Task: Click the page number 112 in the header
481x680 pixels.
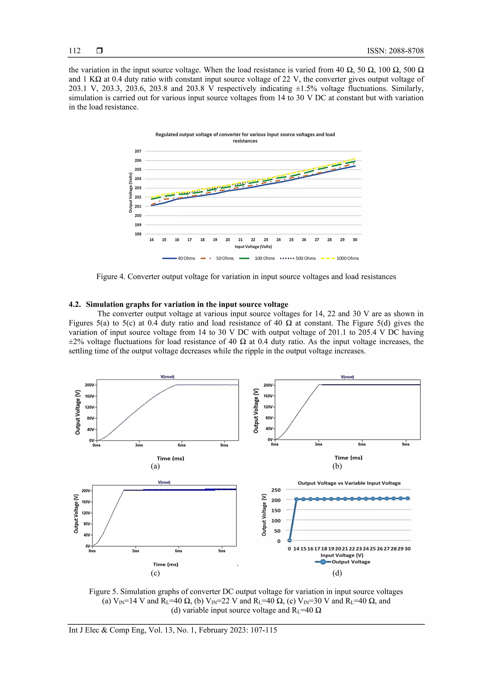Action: pyautogui.click(x=75, y=51)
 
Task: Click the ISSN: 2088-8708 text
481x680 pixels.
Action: pyautogui.click(x=395, y=51)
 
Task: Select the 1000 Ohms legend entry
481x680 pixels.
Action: pyautogui.click(x=347, y=258)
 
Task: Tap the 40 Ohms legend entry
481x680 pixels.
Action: pyautogui.click(x=186, y=258)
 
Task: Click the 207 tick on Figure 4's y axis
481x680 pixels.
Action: pyautogui.click(x=138, y=151)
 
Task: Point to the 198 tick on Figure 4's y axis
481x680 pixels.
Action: pyautogui.click(x=138, y=234)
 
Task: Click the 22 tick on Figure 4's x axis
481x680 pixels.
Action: pyautogui.click(x=253, y=240)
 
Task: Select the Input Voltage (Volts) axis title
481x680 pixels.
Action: pyautogui.click(x=253, y=246)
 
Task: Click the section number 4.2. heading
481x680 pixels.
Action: pyautogui.click(x=75, y=304)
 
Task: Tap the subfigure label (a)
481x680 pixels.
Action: pyautogui.click(x=155, y=466)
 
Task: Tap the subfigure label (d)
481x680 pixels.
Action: pyautogui.click(x=337, y=573)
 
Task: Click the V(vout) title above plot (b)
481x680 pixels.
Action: pyautogui.click(x=347, y=377)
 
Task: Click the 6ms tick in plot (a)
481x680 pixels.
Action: pyautogui.click(x=182, y=445)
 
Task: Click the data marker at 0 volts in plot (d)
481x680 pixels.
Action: pyautogui.click(x=290, y=540)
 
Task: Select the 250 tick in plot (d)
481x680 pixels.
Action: pyautogui.click(x=276, y=490)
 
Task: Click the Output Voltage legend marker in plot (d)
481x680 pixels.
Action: pyautogui.click(x=323, y=562)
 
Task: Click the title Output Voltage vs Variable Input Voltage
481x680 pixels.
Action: pyautogui.click(x=349, y=483)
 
